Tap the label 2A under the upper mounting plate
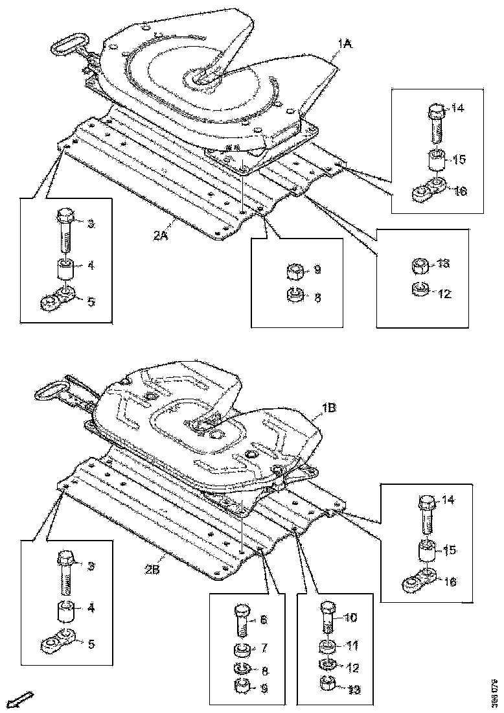[x=161, y=237]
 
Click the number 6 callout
[x=263, y=619]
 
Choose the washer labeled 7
[x=241, y=649]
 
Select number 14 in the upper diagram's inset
[x=457, y=109]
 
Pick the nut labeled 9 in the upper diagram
[x=295, y=269]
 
